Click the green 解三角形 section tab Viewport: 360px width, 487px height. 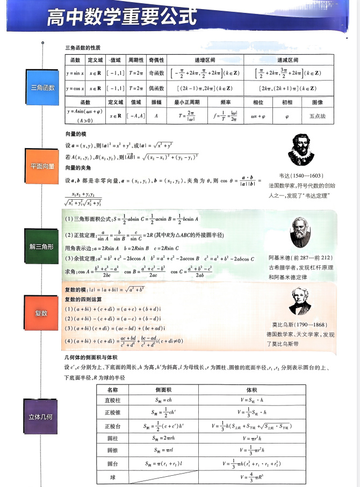coord(42,246)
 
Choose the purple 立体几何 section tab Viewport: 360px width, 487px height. coord(42,417)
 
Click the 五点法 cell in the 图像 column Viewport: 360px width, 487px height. coord(318,115)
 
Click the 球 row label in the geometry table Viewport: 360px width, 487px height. coord(113,477)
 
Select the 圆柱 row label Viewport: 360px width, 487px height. coord(113,438)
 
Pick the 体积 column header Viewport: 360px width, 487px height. coord(251,389)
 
